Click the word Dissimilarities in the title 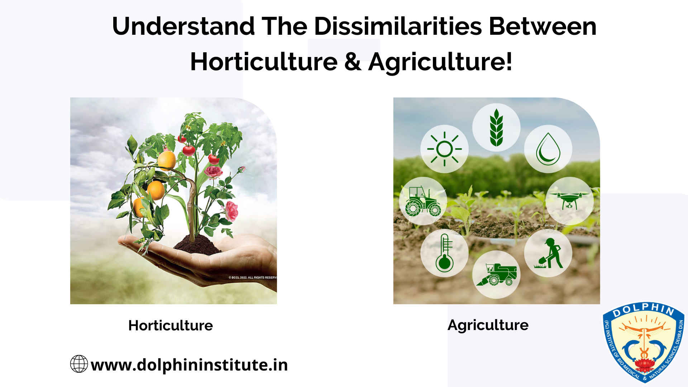coord(398,26)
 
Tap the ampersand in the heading coord(353,62)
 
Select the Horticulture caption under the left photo coord(171,325)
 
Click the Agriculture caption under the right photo coord(488,325)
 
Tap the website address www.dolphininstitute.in coord(189,365)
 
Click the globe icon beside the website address coord(79,364)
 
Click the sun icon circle coord(444,149)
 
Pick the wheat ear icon coord(496,128)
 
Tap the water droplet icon coord(548,149)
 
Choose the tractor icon coord(423,201)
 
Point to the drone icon coord(570,201)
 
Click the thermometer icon coord(444,253)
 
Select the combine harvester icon coord(496,274)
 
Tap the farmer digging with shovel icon coord(548,253)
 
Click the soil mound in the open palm coord(197,245)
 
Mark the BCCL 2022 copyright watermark coord(253,278)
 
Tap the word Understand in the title coord(183,26)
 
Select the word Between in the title coord(543,26)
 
